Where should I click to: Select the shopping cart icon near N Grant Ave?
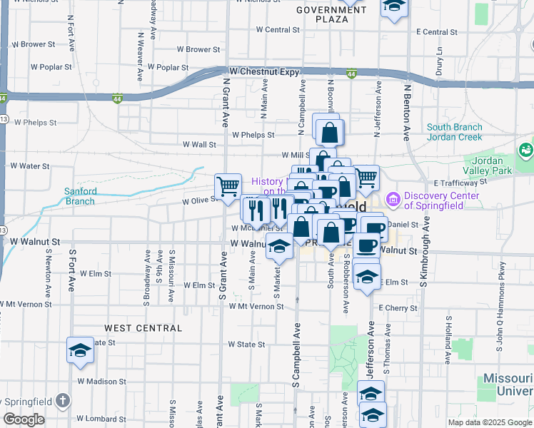click(228, 187)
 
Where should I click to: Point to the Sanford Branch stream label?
click(79, 196)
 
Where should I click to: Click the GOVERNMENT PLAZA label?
click(331, 14)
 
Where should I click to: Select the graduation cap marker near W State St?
click(81, 350)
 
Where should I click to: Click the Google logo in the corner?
click(24, 419)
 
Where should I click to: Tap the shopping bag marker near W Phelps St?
click(328, 133)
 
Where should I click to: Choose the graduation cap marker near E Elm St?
click(367, 277)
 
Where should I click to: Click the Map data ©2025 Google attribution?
click(489, 422)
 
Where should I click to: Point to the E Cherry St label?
click(398, 307)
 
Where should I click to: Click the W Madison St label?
click(96, 381)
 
